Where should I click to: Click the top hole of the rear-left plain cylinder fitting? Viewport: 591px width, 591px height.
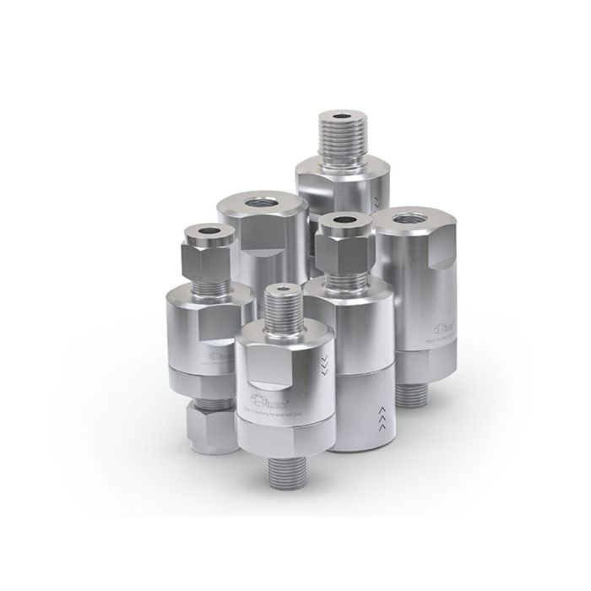(253, 203)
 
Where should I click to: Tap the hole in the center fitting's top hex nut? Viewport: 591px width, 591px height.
(344, 222)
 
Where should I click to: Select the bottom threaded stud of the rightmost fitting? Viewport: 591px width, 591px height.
(419, 388)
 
